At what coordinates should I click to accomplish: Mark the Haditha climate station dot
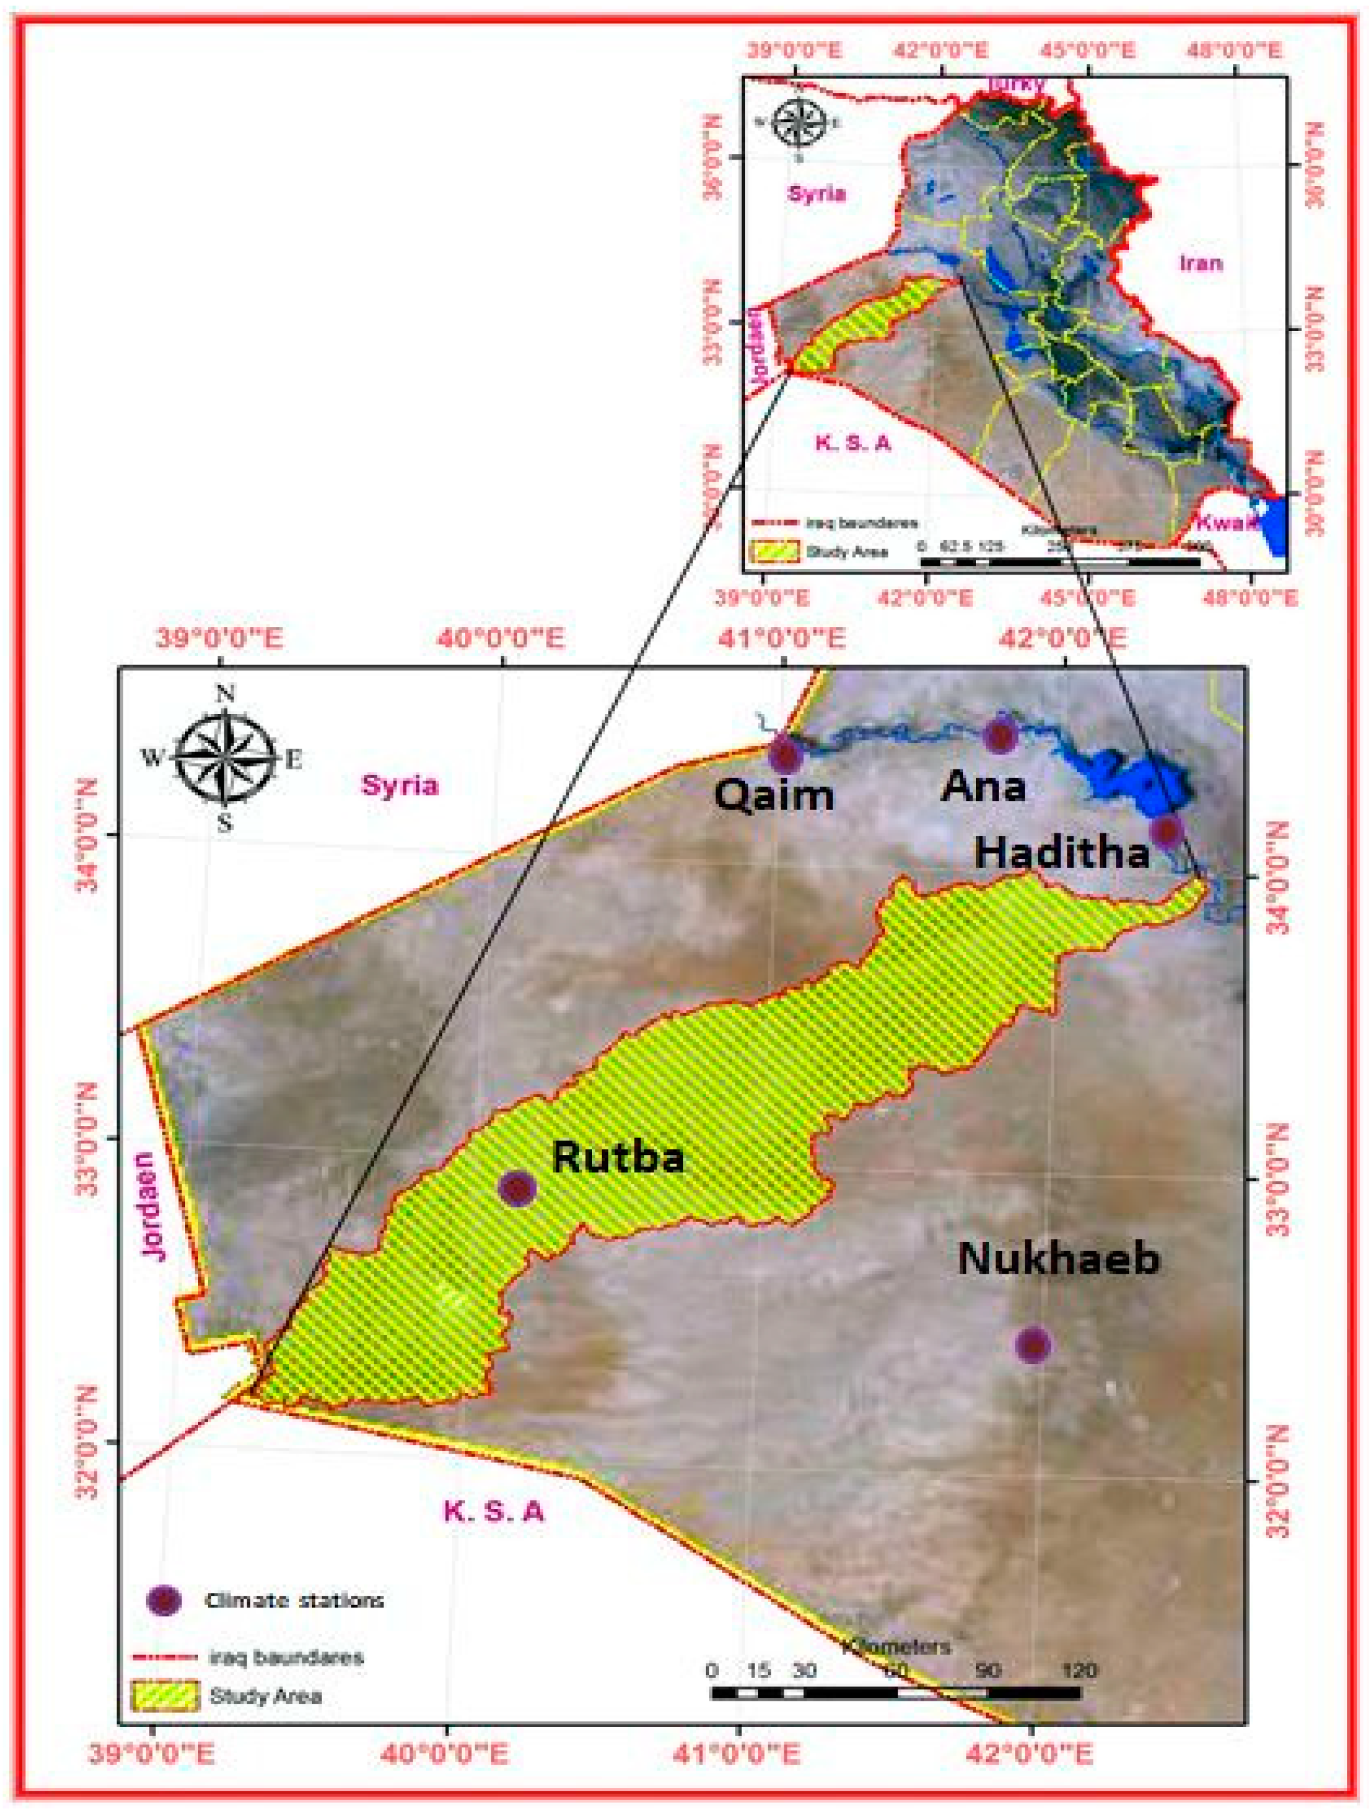pyautogui.click(x=1167, y=831)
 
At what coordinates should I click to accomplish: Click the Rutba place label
pyautogui.click(x=618, y=1157)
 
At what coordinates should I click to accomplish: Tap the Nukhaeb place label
pyautogui.click(x=1058, y=1281)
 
